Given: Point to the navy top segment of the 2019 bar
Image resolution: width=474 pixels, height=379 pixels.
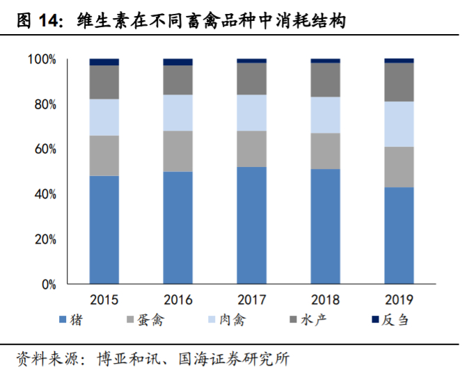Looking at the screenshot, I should pyautogui.click(x=399, y=61).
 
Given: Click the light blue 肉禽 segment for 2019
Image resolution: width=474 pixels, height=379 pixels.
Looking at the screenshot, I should pyautogui.click(x=399, y=124).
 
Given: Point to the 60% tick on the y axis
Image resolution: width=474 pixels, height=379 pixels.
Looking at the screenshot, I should pyautogui.click(x=45, y=150).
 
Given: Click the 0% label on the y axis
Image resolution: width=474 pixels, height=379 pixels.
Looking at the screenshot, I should pyautogui.click(x=49, y=284).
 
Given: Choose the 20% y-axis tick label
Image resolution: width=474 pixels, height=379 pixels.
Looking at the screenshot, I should pyautogui.click(x=45, y=239).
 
